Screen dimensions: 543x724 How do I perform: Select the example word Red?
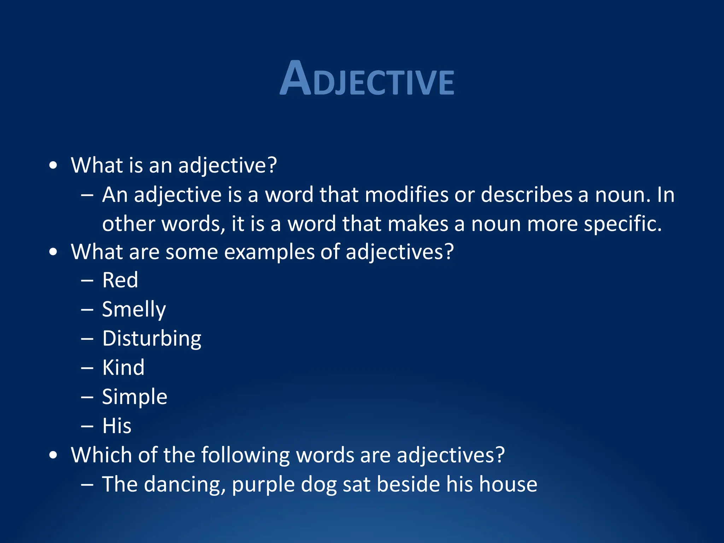pyautogui.click(x=120, y=280)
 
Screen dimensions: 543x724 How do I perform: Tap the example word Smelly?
pyautogui.click(x=134, y=310)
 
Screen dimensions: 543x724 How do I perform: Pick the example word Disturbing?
pyautogui.click(x=152, y=339)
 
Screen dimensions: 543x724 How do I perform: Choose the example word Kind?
pyautogui.click(x=123, y=368)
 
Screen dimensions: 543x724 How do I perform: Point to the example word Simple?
pyautogui.click(x=134, y=397)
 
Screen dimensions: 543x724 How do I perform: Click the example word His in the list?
pyautogui.click(x=117, y=426)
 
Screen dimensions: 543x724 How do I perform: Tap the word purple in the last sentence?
pyautogui.click(x=263, y=484)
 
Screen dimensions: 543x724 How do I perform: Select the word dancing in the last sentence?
pyautogui.click(x=185, y=484)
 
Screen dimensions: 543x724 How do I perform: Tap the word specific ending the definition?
pyautogui.click(x=622, y=224)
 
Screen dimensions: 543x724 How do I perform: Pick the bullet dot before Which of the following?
pyautogui.click(x=53, y=455)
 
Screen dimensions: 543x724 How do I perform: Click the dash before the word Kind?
pyautogui.click(x=87, y=368)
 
